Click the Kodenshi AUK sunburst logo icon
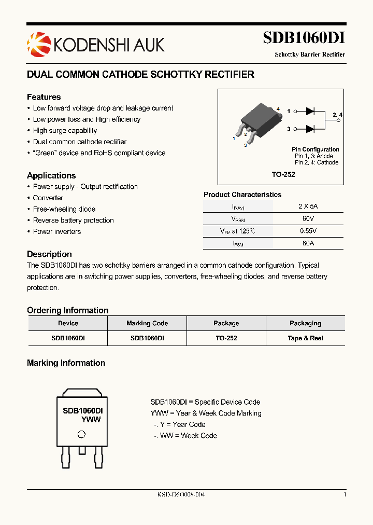[x=39, y=44]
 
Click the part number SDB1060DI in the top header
[x=304, y=38]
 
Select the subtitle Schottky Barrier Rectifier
[x=309, y=54]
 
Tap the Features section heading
[x=44, y=97]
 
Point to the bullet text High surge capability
[x=65, y=131]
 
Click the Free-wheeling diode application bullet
[x=64, y=209]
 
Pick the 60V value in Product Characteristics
[x=308, y=218]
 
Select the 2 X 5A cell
[x=308, y=206]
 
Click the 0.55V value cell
[x=308, y=231]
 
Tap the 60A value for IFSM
[x=308, y=243]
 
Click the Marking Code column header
[x=147, y=323]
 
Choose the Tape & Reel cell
[x=305, y=338]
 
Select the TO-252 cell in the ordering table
[x=226, y=338]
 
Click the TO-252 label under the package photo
[x=283, y=175]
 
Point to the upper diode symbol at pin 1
[x=310, y=111]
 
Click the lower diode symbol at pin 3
[x=310, y=129]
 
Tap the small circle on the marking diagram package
[x=81, y=435]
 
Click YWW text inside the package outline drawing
[x=91, y=420]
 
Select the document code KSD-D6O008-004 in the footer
[x=181, y=495]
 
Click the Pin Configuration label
[x=315, y=149]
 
